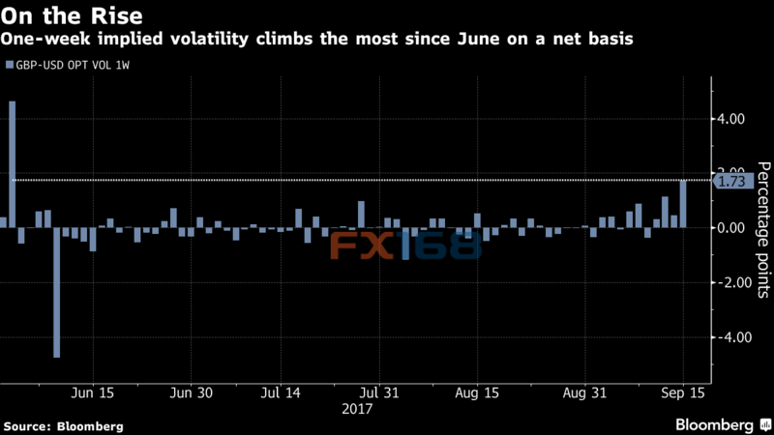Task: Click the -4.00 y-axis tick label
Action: coord(730,337)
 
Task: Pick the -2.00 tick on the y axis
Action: coord(730,282)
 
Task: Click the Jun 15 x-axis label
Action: coord(93,393)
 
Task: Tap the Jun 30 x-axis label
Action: coord(191,393)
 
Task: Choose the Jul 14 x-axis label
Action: coord(281,393)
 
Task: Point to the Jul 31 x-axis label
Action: coord(380,393)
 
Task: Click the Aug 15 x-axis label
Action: coord(477,393)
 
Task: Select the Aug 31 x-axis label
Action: coord(585,393)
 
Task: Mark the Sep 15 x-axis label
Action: coord(684,393)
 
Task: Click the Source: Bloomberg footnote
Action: coord(64,425)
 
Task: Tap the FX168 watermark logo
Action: coord(406,246)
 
